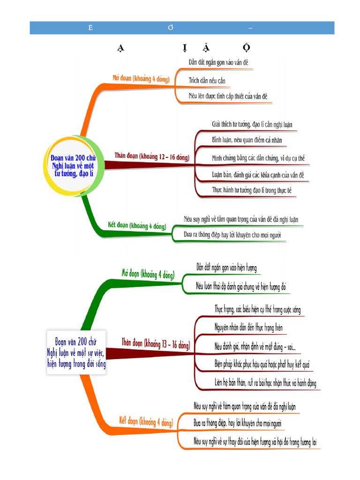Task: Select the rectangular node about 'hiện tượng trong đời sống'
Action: (77, 352)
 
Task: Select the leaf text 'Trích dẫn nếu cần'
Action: (207, 81)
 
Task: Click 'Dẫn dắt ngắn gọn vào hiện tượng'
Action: (226, 267)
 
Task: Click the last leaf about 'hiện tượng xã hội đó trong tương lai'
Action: (255, 441)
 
